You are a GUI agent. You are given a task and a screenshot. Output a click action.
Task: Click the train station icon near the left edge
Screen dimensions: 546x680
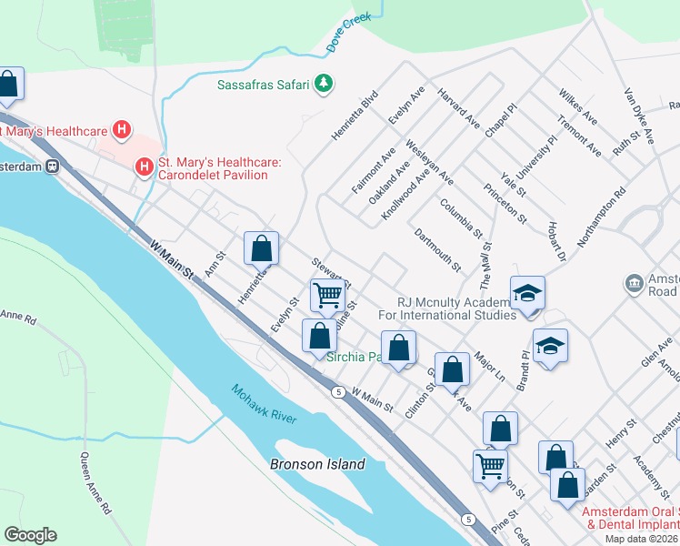(x=53, y=167)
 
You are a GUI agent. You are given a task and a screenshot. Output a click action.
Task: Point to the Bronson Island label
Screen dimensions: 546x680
(x=317, y=464)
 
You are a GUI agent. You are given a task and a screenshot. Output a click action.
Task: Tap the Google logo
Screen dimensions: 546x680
(x=30, y=535)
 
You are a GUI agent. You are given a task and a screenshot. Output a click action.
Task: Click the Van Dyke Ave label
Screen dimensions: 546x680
(x=638, y=116)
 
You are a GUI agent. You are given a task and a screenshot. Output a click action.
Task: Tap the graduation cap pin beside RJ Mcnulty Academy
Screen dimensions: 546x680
(x=526, y=293)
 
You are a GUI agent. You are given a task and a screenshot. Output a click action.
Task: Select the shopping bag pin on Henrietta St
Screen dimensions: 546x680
(x=262, y=248)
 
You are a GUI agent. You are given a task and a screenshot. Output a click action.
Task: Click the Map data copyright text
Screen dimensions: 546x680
(x=641, y=539)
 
